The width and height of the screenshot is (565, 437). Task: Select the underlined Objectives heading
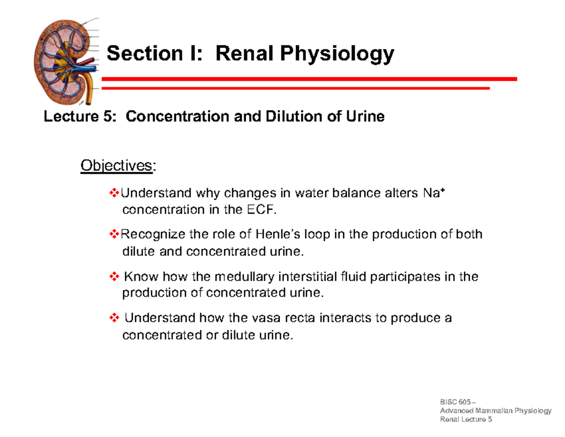[117, 166]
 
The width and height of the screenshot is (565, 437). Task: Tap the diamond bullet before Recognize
[114, 234]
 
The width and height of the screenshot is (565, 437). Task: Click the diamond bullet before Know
[114, 277]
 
